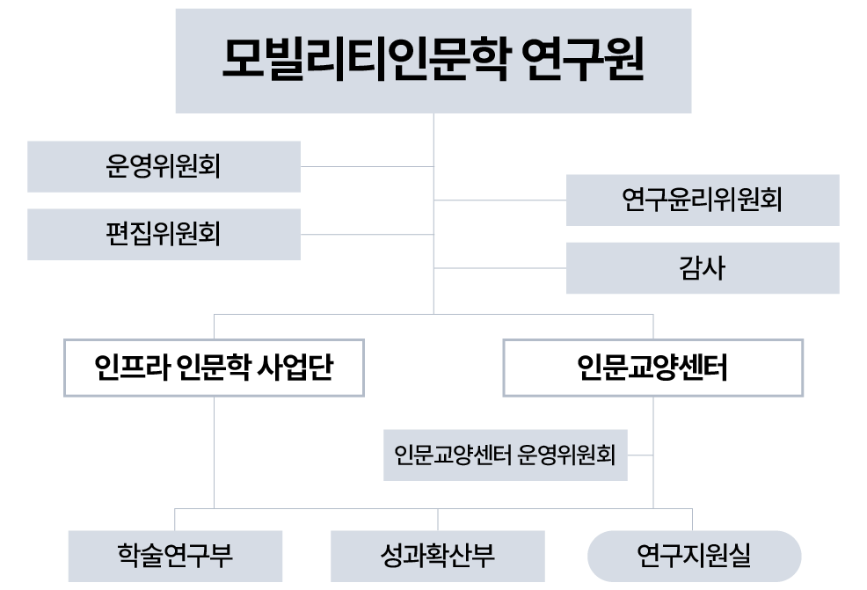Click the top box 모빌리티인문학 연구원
(x=433, y=60)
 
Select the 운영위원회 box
(x=164, y=166)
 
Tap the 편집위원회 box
(x=164, y=234)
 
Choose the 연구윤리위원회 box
(x=702, y=200)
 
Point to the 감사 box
(x=702, y=267)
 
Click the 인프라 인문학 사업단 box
(x=214, y=368)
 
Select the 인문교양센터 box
(x=652, y=368)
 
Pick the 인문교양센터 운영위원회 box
(x=505, y=455)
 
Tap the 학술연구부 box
(x=175, y=556)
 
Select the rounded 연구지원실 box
(x=694, y=556)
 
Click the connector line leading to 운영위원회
(x=368, y=166)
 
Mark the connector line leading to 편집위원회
(x=368, y=234)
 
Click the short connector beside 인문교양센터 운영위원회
(x=640, y=455)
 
